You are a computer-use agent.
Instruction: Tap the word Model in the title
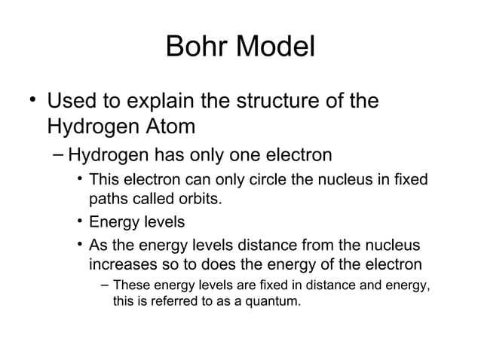pyautogui.click(x=274, y=47)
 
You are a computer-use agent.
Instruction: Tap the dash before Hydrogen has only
pyautogui.click(x=58, y=156)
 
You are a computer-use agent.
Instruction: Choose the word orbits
pyautogui.click(x=202, y=201)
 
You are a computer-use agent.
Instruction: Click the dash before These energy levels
pyautogui.click(x=103, y=286)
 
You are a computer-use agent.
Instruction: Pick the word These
pyautogui.click(x=132, y=286)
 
